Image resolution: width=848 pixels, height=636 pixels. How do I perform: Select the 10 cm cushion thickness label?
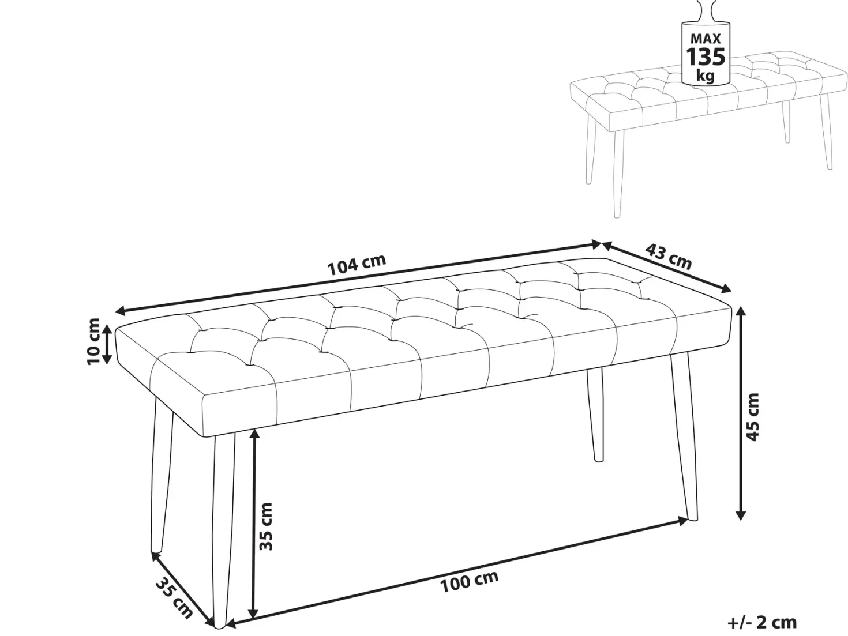pyautogui.click(x=93, y=341)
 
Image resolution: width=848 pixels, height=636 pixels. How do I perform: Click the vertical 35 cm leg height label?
pyautogui.click(x=266, y=526)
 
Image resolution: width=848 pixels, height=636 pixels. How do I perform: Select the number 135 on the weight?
pyautogui.click(x=706, y=57)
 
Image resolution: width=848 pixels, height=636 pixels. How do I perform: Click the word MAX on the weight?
pyautogui.click(x=706, y=39)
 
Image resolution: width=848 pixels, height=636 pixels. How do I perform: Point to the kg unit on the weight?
pyautogui.click(x=706, y=76)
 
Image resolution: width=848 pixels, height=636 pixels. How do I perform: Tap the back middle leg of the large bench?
pyautogui.click(x=595, y=415)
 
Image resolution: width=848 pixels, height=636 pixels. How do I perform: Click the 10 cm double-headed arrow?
pyautogui.click(x=107, y=345)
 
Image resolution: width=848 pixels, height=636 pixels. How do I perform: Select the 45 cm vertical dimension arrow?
pyautogui.click(x=741, y=413)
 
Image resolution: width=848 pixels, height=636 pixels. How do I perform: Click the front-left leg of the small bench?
pyautogui.click(x=617, y=173)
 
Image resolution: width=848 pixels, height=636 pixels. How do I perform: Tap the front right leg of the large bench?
pyautogui.click(x=684, y=438)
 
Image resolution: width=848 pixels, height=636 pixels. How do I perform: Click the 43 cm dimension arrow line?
pyautogui.click(x=666, y=267)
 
